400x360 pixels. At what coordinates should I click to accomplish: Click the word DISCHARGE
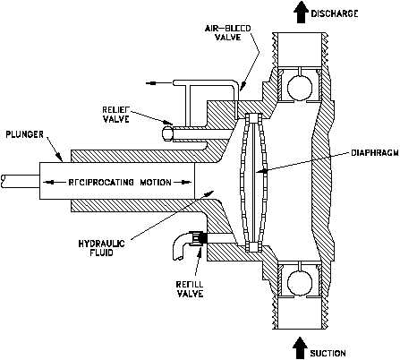(x=335, y=13)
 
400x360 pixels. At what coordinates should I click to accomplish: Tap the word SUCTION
(x=328, y=354)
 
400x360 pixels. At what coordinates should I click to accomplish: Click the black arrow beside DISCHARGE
(x=300, y=12)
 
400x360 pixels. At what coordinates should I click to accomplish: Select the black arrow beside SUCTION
(x=300, y=347)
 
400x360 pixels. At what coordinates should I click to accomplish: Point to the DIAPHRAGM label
(x=375, y=153)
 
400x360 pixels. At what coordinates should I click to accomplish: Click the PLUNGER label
(x=25, y=134)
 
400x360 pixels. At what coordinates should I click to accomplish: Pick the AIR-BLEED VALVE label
(x=227, y=32)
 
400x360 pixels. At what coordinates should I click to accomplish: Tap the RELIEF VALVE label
(x=116, y=114)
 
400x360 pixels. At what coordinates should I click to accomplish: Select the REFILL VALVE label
(x=190, y=288)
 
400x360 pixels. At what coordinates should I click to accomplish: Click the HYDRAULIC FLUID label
(x=102, y=248)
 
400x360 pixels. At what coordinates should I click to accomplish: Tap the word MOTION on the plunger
(x=156, y=182)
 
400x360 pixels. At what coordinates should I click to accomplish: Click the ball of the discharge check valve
(x=300, y=87)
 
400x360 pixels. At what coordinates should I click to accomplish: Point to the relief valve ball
(x=167, y=133)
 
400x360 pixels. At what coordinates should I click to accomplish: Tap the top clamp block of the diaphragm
(x=252, y=118)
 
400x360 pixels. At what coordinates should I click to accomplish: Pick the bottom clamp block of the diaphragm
(x=252, y=246)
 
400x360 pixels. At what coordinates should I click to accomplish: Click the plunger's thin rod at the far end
(x=20, y=181)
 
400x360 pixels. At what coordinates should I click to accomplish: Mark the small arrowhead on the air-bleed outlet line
(x=152, y=83)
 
